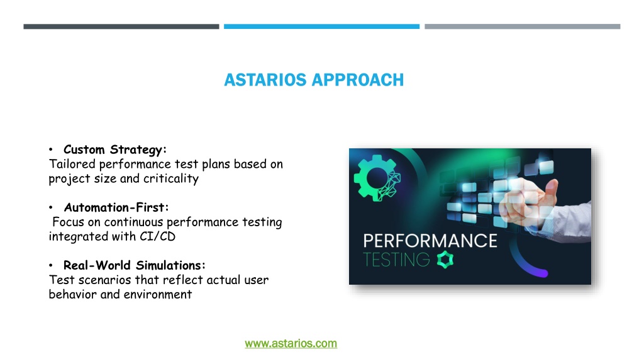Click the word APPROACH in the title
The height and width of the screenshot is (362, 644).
pyautogui.click(x=358, y=80)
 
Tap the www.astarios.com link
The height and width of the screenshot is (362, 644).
pyautogui.click(x=291, y=344)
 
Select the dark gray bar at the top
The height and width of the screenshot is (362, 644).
pyautogui.click(x=121, y=26)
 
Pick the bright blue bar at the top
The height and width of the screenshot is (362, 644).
pyautogui.click(x=321, y=26)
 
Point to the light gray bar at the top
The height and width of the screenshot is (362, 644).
pyautogui.click(x=523, y=26)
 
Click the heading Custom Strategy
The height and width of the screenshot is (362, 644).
pyautogui.click(x=115, y=150)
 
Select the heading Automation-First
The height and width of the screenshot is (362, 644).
pyautogui.click(x=116, y=207)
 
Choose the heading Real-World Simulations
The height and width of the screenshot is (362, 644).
pyautogui.click(x=135, y=266)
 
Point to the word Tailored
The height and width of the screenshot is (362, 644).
pyautogui.click(x=72, y=164)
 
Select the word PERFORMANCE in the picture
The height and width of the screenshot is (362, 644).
pyautogui.click(x=430, y=241)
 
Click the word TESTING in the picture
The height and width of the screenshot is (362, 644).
pyautogui.click(x=396, y=260)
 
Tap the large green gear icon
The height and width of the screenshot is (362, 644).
pyautogui.click(x=376, y=178)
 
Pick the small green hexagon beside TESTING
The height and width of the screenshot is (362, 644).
pyautogui.click(x=445, y=260)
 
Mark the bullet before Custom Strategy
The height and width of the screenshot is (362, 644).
pyautogui.click(x=51, y=150)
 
